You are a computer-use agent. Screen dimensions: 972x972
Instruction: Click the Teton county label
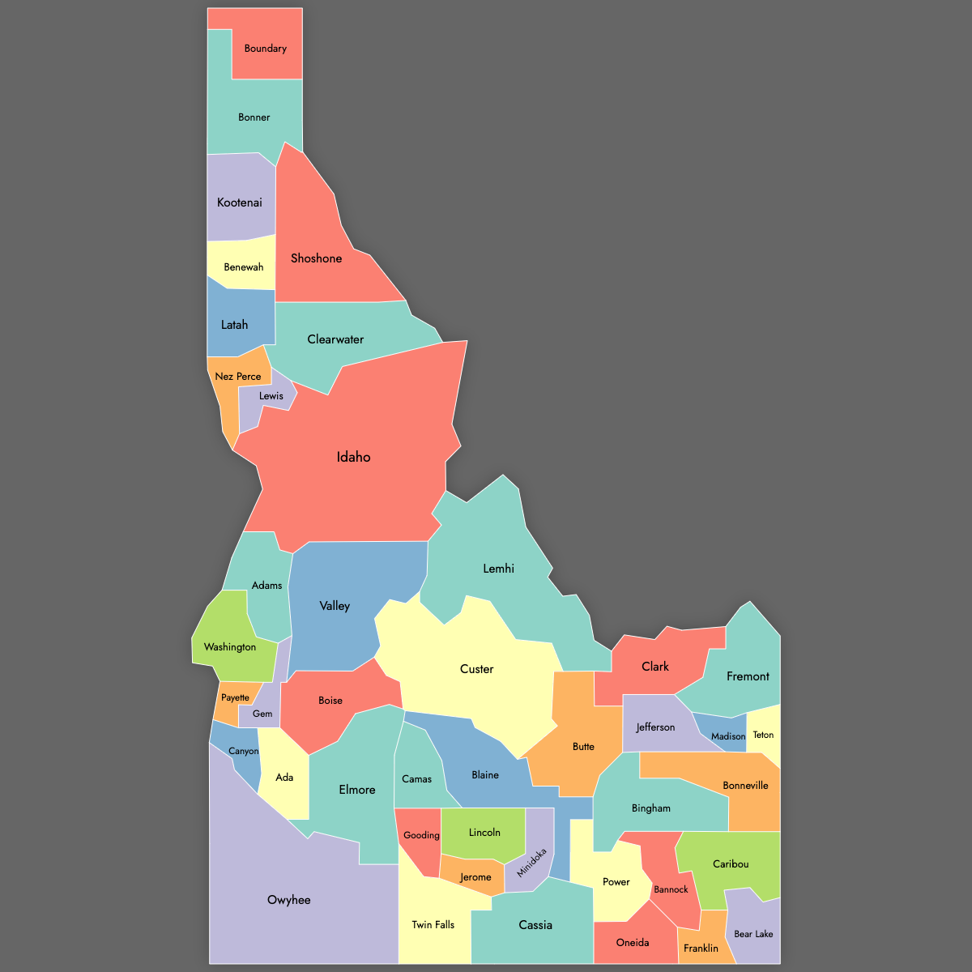(x=763, y=735)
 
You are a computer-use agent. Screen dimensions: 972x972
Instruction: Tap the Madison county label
(x=728, y=737)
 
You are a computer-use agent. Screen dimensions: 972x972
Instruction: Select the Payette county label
(x=236, y=698)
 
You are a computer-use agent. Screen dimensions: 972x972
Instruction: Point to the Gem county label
(x=262, y=714)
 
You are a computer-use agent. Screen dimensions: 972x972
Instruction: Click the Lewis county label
(x=271, y=396)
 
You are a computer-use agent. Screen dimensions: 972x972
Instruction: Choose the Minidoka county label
(x=532, y=863)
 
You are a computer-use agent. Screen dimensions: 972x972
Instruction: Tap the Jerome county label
(x=475, y=877)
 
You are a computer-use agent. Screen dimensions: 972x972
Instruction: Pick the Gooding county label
(x=421, y=835)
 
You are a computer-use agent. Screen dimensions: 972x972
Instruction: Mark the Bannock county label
(x=671, y=889)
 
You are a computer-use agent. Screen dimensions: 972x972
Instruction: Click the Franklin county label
(x=701, y=949)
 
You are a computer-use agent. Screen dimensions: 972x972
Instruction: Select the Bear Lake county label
(x=753, y=934)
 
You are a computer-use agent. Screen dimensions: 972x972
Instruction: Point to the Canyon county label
(x=243, y=752)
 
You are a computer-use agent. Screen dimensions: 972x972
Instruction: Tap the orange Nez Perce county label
(x=238, y=377)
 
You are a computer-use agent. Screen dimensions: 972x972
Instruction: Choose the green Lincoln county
(x=484, y=834)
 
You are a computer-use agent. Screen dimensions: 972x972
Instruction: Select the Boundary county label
(x=266, y=49)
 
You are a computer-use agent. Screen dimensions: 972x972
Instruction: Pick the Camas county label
(x=417, y=779)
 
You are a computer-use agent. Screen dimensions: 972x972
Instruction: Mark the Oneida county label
(x=633, y=943)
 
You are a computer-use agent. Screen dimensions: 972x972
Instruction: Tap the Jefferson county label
(x=655, y=727)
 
